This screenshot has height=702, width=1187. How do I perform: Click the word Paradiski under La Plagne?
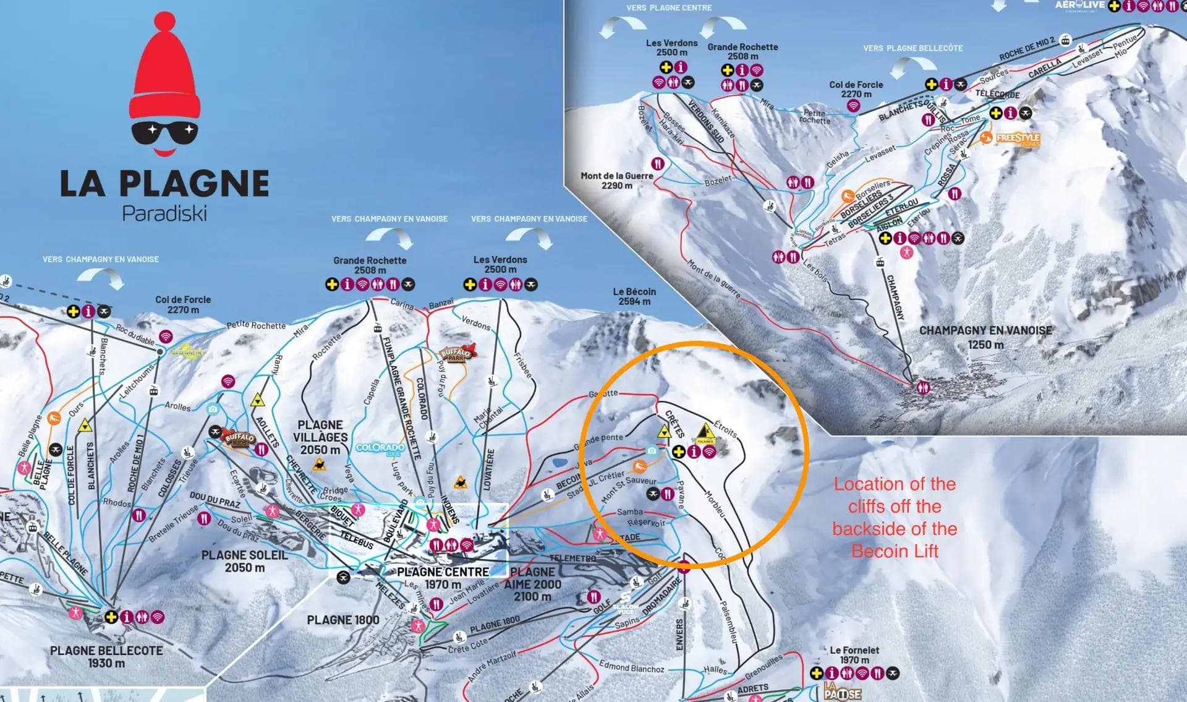point(164,213)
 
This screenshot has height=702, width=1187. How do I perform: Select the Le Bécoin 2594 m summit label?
point(634,296)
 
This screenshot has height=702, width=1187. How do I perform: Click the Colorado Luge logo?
point(380,449)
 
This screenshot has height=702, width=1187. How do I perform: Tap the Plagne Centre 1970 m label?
point(443,578)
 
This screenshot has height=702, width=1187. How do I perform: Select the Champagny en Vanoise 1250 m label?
point(985,337)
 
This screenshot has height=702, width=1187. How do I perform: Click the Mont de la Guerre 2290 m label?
point(616,181)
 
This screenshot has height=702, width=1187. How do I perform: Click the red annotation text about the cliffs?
point(895,518)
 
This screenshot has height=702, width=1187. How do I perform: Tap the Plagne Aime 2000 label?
point(532,584)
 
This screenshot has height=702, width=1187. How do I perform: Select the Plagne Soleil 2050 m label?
point(245,561)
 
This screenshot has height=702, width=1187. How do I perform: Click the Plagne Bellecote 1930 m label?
point(106,657)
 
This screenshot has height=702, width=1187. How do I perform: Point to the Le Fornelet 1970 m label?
point(854,655)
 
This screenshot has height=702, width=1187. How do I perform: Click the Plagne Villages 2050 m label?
point(320,437)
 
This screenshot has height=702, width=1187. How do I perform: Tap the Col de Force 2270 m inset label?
point(856,89)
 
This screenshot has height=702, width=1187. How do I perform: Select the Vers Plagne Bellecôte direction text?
point(913,48)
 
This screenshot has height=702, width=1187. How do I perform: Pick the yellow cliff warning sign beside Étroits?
point(705,434)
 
